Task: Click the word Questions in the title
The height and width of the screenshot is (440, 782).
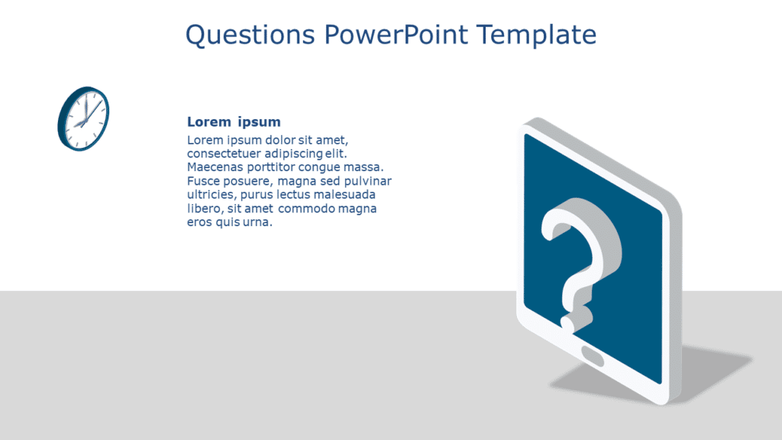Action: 249,34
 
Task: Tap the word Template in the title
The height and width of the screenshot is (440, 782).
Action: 536,34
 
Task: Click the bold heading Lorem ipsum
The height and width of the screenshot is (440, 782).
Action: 234,121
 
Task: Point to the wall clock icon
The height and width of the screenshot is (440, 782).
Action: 83,118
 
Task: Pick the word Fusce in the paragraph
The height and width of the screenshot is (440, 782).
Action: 202,181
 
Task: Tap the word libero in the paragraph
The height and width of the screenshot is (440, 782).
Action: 202,209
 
